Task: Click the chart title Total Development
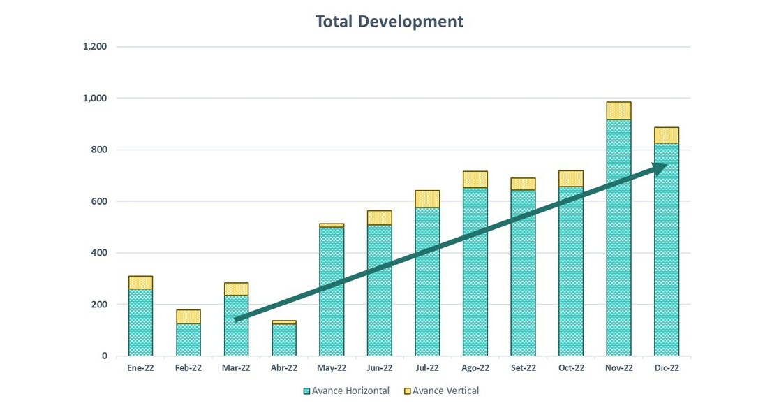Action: point(389,22)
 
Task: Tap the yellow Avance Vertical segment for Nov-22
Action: point(618,110)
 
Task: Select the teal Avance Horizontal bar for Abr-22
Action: point(283,340)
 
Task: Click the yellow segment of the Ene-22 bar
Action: point(140,282)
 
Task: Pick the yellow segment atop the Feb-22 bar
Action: point(188,316)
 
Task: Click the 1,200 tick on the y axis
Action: point(95,47)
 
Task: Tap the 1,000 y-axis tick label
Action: point(95,99)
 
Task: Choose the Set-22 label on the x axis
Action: point(523,368)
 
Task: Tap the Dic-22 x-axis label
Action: point(666,368)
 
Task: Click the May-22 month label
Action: point(332,368)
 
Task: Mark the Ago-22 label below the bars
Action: point(475,368)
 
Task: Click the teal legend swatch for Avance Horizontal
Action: point(306,391)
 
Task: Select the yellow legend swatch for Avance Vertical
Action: point(408,391)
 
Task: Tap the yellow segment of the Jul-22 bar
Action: point(427,198)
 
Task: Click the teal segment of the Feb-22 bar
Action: point(188,340)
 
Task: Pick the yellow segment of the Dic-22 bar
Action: point(666,135)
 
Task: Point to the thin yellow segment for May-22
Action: point(332,225)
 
